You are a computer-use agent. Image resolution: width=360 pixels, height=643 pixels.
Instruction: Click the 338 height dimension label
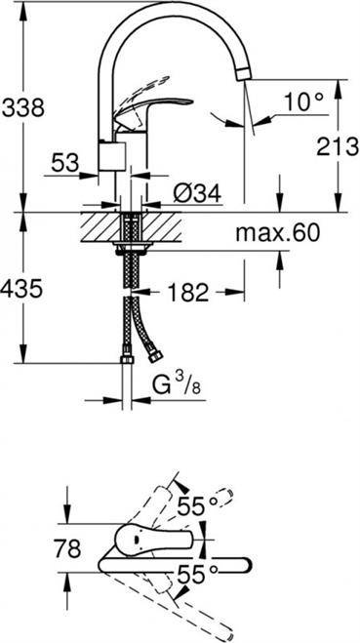click(x=23, y=108)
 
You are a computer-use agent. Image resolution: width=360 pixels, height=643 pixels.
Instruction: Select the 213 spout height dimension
click(x=338, y=146)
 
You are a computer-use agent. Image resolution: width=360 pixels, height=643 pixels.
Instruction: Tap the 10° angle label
click(x=303, y=101)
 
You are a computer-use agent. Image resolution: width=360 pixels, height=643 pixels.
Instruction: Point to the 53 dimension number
click(x=64, y=164)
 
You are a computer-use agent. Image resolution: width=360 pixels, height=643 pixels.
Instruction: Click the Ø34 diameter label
click(x=197, y=192)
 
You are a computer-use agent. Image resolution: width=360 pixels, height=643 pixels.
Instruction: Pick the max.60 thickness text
click(x=277, y=234)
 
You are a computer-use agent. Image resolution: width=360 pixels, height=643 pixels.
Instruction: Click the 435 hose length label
click(x=21, y=289)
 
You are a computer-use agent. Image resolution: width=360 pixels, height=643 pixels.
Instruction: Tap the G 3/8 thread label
click(x=177, y=385)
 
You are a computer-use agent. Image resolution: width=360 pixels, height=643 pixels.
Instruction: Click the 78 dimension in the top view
click(x=67, y=548)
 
